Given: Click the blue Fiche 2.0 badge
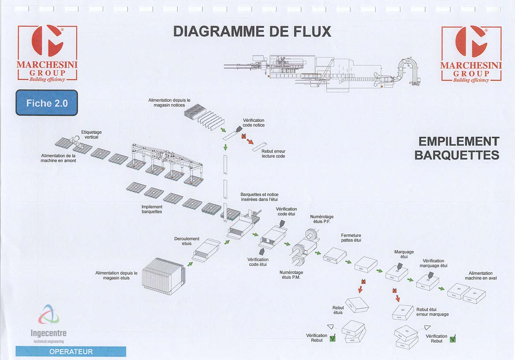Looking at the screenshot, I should point(47,103).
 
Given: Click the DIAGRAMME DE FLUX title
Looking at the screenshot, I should point(252,31).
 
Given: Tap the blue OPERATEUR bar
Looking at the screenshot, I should point(71,352).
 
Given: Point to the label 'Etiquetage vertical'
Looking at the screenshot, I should point(91,135).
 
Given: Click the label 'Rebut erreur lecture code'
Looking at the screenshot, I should point(273,154).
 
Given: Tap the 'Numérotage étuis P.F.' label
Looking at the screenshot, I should point(322,219).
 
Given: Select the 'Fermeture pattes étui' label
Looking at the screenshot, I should point(351,238).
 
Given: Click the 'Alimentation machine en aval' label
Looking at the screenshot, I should point(481,276).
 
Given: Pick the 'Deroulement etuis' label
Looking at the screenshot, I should point(187,241).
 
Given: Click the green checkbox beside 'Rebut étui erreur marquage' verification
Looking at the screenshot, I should point(452,339).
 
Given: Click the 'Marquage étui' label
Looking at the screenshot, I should point(404,254).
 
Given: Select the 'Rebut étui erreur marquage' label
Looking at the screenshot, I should point(433,312).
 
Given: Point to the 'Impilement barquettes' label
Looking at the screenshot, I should point(152,209).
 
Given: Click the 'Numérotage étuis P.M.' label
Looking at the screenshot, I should point(291,275).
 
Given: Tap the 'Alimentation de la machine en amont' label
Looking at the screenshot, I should point(59,158).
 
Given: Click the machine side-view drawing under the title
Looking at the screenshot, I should point(322,71).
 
